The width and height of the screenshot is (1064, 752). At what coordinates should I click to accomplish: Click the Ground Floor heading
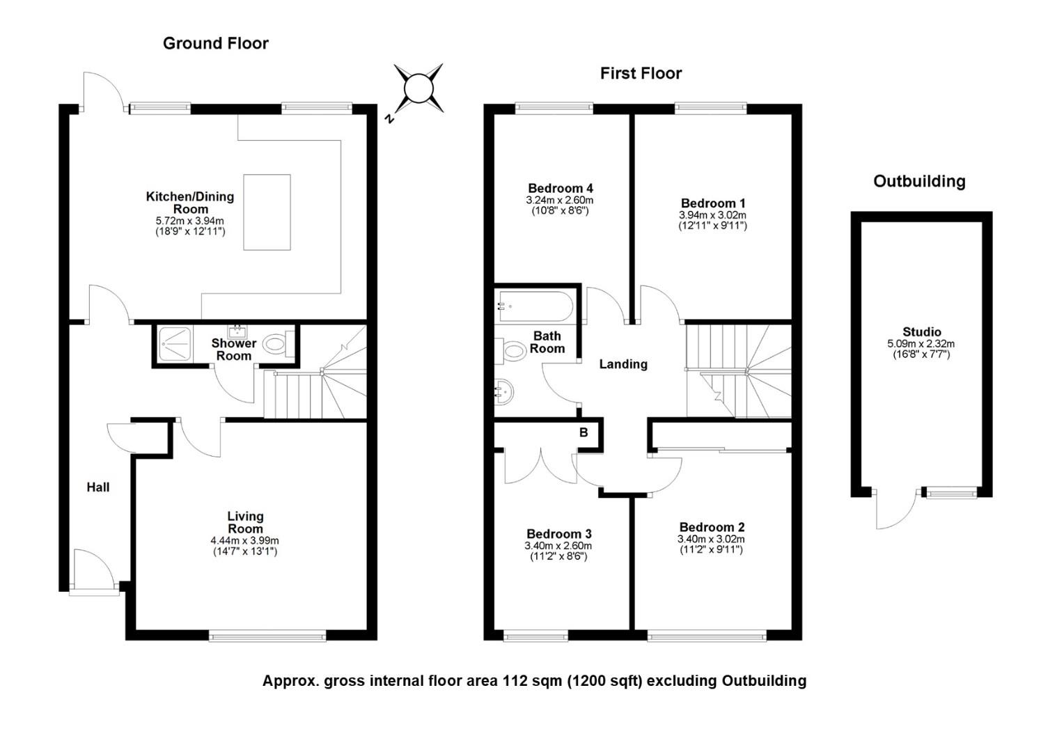[x=216, y=43]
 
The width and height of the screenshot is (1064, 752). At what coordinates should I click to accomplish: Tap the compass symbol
[x=418, y=89]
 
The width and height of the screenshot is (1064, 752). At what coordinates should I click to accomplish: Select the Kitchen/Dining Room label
[x=190, y=203]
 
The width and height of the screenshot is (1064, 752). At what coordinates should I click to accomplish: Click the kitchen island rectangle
[x=267, y=212]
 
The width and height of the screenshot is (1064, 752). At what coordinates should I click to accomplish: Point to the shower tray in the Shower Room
[x=175, y=344]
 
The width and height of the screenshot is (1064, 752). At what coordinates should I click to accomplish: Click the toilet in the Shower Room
[x=279, y=343]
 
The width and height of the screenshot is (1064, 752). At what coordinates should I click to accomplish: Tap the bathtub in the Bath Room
[x=534, y=307]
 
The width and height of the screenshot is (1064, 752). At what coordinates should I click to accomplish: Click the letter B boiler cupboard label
[x=584, y=432]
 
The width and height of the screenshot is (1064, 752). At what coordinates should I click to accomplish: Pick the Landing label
[x=623, y=364]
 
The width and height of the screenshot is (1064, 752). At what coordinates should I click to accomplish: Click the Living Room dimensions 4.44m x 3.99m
[x=244, y=540]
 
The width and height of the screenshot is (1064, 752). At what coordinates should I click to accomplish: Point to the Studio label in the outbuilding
[x=921, y=332]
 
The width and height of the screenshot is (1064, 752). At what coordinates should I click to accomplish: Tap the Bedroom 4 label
[x=561, y=188]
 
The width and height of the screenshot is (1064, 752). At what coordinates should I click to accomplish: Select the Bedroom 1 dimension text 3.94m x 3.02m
[x=712, y=215]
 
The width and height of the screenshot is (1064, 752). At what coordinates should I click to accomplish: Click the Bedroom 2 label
[x=712, y=527]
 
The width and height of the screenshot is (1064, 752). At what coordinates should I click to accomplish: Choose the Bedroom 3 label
[x=559, y=534]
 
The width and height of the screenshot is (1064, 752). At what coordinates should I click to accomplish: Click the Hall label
[x=98, y=487]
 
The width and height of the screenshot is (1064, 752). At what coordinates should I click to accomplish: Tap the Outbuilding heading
[x=919, y=182]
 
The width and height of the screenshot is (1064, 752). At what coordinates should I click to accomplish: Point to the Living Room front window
[x=267, y=636]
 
